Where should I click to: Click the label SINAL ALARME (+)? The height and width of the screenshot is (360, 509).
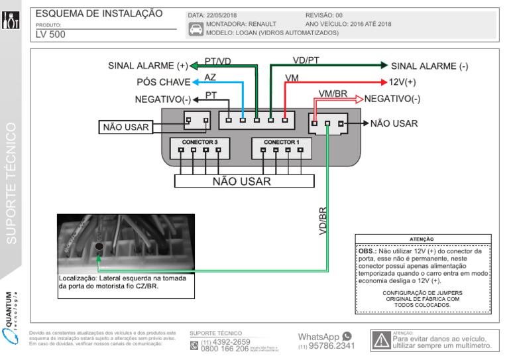[147, 66]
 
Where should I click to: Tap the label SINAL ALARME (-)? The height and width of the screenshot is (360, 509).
[429, 66]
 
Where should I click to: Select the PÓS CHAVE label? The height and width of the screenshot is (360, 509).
[163, 82]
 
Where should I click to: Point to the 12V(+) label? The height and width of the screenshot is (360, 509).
[402, 82]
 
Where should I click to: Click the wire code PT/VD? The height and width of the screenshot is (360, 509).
[217, 61]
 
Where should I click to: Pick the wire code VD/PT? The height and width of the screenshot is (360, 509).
[306, 60]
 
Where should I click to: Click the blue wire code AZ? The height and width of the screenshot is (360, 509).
[210, 78]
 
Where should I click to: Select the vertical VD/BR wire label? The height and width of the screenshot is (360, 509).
[323, 221]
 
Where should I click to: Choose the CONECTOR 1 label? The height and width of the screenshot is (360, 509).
[282, 142]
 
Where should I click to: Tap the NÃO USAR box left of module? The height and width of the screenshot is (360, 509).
[125, 127]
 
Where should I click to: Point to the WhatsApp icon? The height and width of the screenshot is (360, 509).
[347, 337]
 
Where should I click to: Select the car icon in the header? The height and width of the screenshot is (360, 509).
[196, 29]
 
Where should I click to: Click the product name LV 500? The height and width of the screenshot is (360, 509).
[50, 34]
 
